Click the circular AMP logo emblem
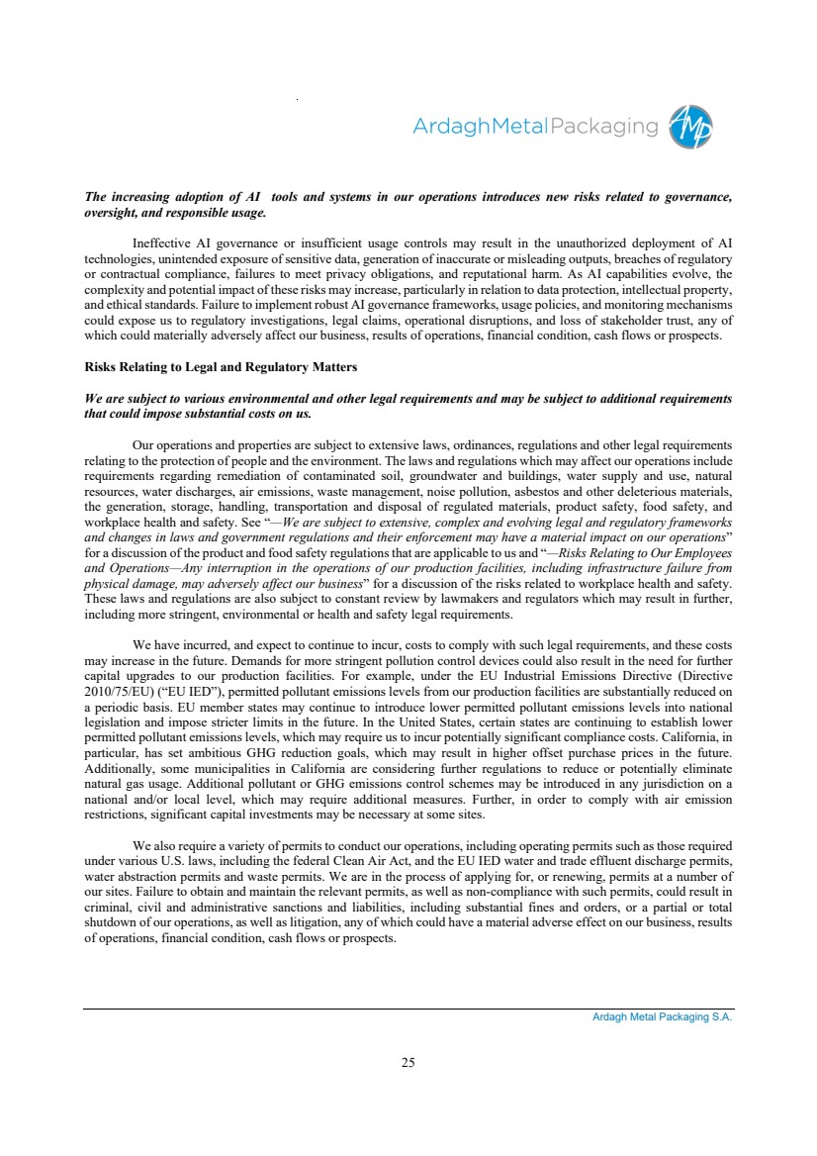click(690, 127)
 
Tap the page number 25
click(408, 1063)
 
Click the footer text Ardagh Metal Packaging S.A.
click(656, 1016)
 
